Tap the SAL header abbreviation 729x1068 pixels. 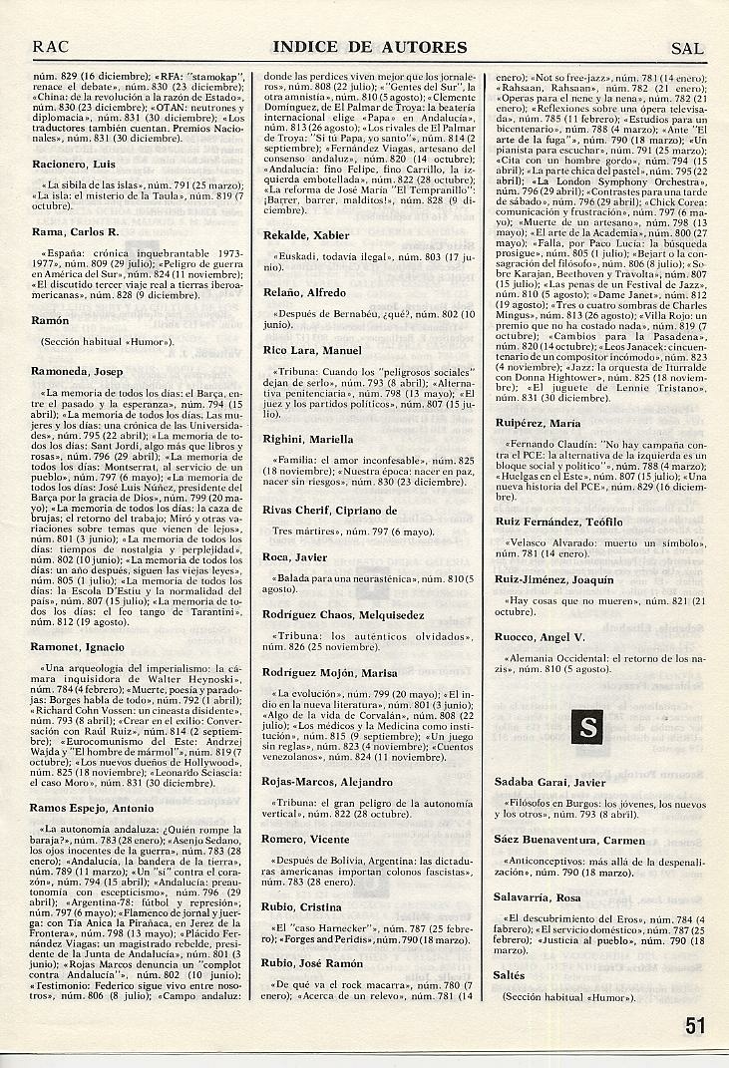click(x=687, y=47)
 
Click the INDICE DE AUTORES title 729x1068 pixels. click(x=369, y=47)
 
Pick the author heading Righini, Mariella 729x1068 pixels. click(x=308, y=439)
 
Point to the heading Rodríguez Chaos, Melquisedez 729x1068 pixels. click(x=343, y=614)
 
